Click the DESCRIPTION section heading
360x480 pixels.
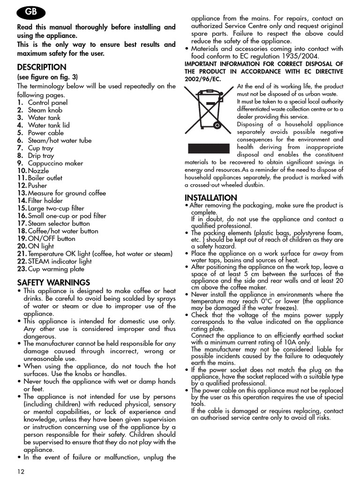pyautogui.click(x=42, y=67)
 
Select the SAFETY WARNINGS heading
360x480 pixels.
pyautogui.click(x=53, y=282)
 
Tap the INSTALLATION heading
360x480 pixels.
pyautogui.click(x=211, y=197)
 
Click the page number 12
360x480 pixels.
pyautogui.click(x=21, y=471)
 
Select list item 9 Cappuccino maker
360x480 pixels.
pyautogui.click(x=55, y=163)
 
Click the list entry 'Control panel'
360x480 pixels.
pyautogui.click(x=47, y=102)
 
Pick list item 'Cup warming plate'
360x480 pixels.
pyautogui.click(x=56, y=269)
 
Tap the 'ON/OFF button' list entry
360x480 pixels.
pyautogui.click(x=51, y=239)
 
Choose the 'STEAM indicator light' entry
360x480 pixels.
pyautogui.click(x=60, y=262)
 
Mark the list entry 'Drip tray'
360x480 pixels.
pyautogui.click(x=41, y=156)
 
